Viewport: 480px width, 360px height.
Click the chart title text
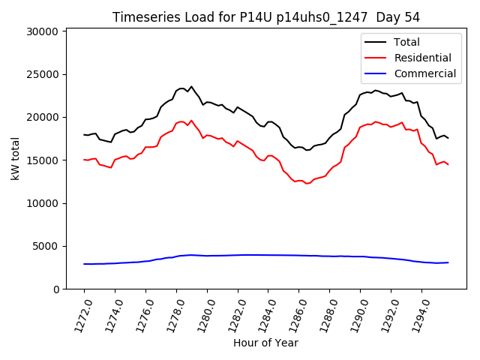click(265, 16)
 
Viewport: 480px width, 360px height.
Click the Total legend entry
click(406, 42)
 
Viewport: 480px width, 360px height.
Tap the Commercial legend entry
click(424, 73)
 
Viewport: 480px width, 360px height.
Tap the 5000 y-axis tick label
click(46, 246)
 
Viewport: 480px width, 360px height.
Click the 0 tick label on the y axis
click(56, 289)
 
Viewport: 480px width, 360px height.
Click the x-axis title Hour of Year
click(265, 343)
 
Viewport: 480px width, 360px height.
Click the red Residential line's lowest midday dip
click(306, 184)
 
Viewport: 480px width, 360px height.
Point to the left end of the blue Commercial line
click(85, 264)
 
